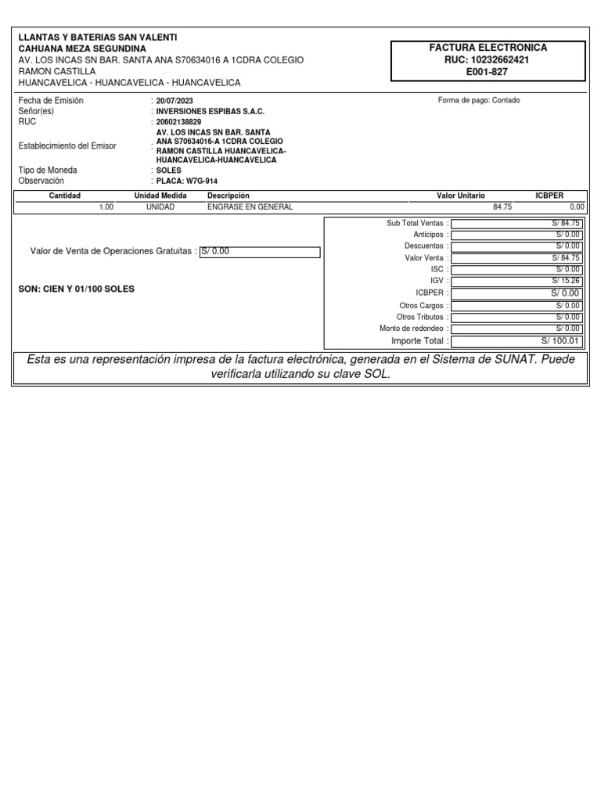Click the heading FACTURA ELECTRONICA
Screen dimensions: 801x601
point(488,48)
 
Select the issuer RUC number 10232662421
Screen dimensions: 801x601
point(488,59)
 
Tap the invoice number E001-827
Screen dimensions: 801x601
point(488,71)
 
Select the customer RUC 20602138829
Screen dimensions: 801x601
point(178,122)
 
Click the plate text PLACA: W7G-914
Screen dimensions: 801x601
point(186,181)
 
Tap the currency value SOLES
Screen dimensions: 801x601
point(168,170)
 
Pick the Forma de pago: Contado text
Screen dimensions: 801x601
point(479,101)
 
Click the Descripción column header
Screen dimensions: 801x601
point(228,196)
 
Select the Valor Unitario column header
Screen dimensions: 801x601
point(460,196)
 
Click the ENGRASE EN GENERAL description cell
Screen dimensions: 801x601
point(250,207)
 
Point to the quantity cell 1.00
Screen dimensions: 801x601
point(106,207)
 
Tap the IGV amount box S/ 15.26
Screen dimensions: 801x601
point(516,281)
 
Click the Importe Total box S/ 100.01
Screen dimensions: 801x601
point(516,341)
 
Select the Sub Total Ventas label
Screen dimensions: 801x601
point(415,223)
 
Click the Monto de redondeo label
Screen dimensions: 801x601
point(412,329)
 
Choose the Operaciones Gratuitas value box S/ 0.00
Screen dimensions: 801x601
point(260,252)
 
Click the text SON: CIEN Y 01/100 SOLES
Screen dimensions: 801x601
point(76,289)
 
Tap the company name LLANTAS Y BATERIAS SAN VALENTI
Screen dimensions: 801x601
point(98,38)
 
